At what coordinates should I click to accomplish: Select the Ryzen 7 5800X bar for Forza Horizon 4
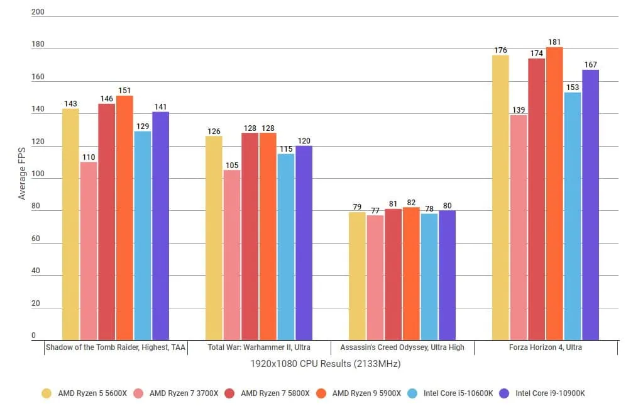536,199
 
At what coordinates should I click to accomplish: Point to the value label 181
554,42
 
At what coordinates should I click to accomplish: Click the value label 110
89,157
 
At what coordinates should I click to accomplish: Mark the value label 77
375,210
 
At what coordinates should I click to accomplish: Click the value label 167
590,65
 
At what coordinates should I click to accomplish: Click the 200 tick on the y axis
37,12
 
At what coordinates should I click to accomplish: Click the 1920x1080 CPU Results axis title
326,364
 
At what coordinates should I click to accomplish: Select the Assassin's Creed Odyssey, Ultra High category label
402,347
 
